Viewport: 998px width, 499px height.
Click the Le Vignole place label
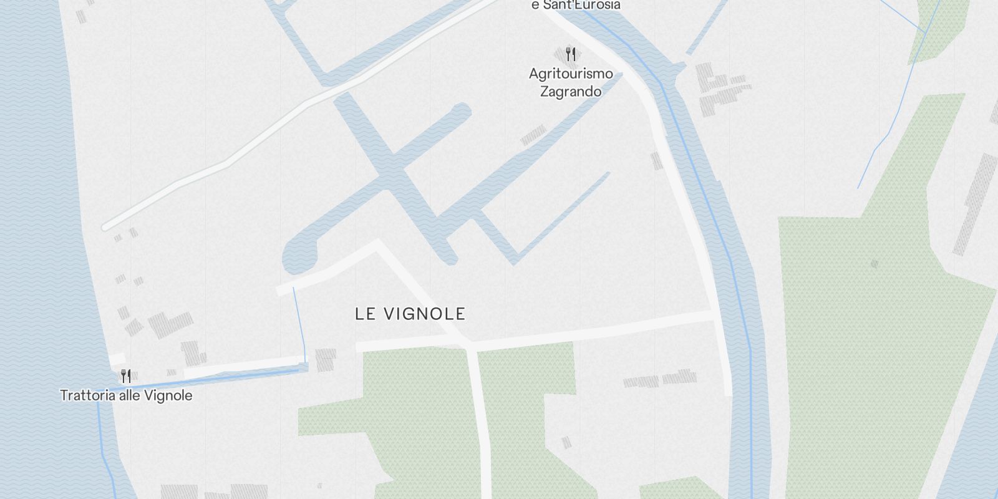click(410, 314)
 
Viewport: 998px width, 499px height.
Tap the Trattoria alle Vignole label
click(126, 395)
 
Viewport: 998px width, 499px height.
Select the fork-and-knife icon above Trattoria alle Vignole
click(126, 376)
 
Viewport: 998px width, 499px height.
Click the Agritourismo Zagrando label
click(571, 82)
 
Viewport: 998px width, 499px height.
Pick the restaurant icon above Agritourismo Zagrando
click(569, 54)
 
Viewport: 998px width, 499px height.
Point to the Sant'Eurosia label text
click(575, 5)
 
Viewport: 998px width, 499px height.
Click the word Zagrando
click(571, 92)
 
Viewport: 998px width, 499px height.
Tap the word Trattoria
click(88, 395)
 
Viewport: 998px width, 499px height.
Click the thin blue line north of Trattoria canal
click(299, 324)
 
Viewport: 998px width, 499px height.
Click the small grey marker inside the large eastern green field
click(874, 264)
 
